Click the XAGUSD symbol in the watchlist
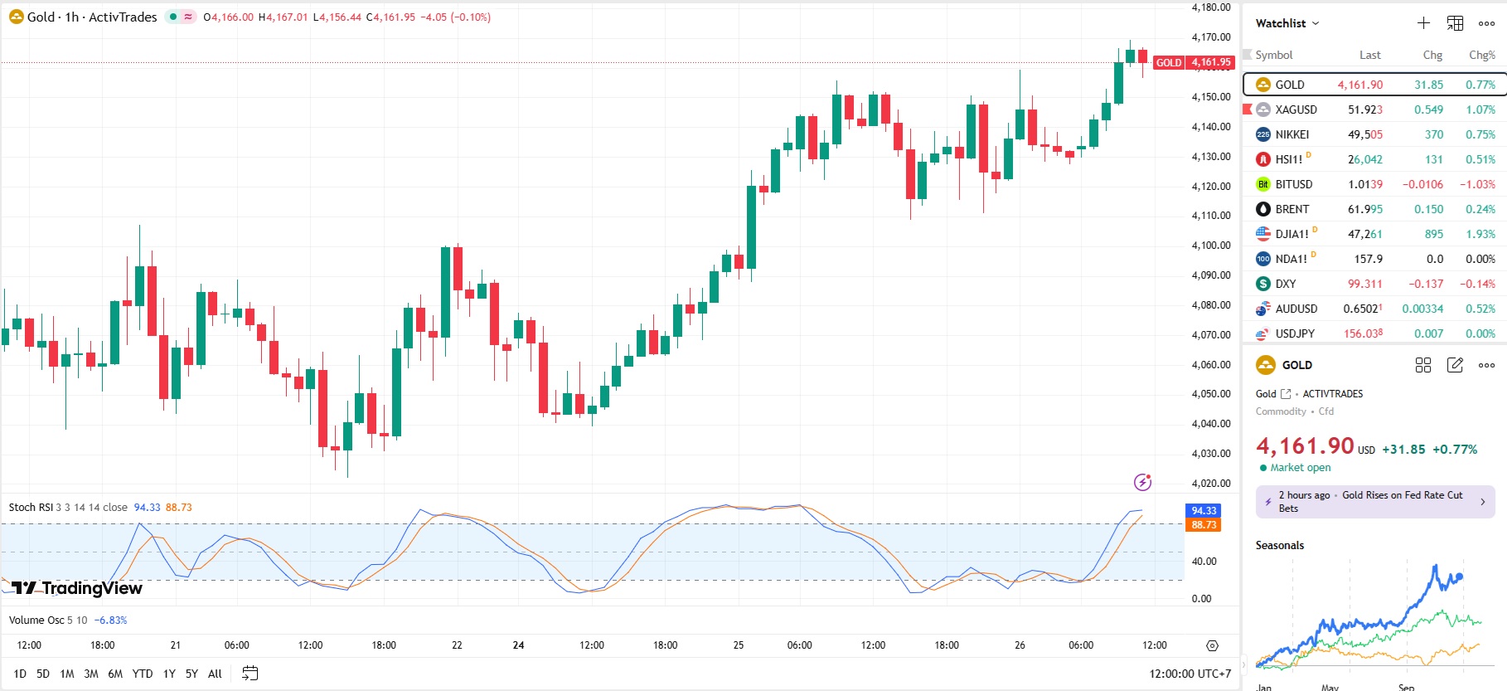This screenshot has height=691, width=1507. (1296, 109)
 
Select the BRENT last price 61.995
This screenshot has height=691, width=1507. (1364, 209)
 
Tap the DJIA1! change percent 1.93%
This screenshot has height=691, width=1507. (1480, 234)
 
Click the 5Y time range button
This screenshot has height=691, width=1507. (191, 674)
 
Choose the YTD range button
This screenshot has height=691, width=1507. (143, 674)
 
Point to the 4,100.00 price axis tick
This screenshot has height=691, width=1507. (1210, 246)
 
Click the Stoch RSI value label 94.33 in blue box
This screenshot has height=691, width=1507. (1204, 511)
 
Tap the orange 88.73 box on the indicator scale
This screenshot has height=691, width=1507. (1204, 525)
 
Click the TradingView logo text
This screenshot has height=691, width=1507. (91, 588)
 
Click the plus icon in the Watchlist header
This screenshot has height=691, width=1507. (1423, 23)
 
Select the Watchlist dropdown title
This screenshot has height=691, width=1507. (1287, 23)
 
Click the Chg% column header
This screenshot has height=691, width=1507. (1481, 55)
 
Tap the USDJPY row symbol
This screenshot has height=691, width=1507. (1295, 333)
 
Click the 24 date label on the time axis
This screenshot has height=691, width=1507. (518, 645)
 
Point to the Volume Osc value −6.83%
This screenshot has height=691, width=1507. (110, 620)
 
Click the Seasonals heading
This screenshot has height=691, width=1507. (1280, 545)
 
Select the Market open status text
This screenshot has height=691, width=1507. (1300, 468)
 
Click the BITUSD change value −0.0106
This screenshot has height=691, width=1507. (1422, 184)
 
